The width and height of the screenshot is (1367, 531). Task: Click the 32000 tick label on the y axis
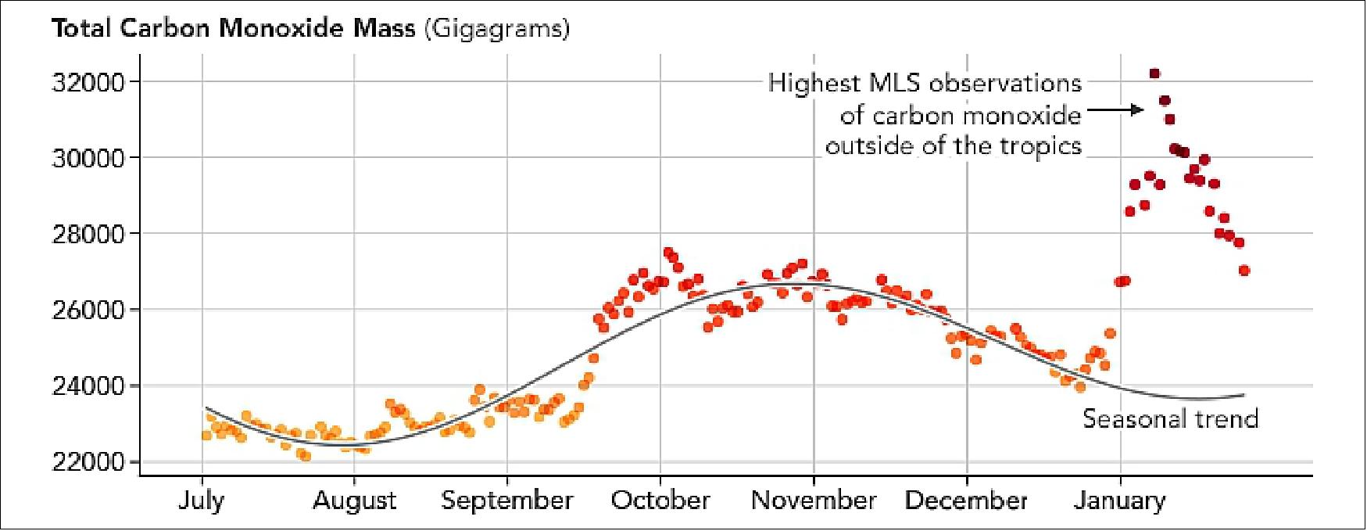88,82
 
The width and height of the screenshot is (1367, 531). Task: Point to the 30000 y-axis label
88,158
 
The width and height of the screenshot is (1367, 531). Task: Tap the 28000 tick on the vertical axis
88,234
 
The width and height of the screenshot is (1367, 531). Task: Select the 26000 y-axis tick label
88,310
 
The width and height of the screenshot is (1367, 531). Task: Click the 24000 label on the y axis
88,386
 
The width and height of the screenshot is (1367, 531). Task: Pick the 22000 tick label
88,461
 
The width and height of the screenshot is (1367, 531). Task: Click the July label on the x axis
201,500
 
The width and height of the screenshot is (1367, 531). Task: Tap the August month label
354,500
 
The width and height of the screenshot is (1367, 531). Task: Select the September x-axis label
506,500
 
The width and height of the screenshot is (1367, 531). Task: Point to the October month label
660,500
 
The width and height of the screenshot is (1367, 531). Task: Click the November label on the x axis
814,500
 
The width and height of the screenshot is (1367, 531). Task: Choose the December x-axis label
966,500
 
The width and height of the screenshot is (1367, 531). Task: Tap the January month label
1119,500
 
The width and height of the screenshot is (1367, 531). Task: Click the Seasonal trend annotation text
1170,419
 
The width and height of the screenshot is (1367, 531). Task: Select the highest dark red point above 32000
1154,74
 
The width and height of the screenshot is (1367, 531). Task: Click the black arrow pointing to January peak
1115,110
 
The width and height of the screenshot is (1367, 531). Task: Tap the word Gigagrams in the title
497,29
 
